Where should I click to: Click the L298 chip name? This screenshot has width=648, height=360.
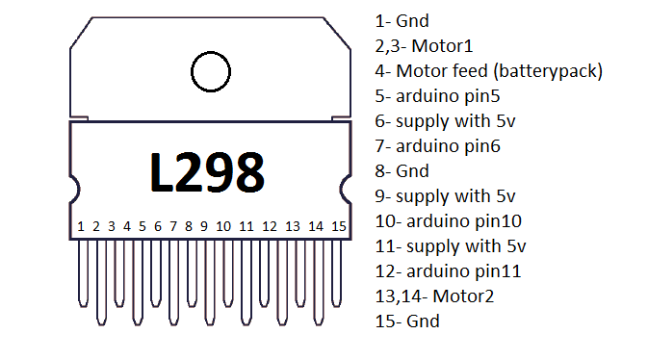point(207,172)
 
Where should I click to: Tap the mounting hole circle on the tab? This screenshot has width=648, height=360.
point(211,71)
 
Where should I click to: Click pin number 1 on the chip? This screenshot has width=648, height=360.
point(82,226)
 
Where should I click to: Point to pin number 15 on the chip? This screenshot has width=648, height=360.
point(338,226)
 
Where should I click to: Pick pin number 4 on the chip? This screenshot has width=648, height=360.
point(127,226)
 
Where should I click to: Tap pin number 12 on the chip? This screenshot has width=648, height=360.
point(270,226)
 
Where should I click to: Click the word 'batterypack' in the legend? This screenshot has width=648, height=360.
point(549,70)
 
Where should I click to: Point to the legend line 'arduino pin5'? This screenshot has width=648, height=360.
point(438,95)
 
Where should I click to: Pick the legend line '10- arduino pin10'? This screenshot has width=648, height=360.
point(447,220)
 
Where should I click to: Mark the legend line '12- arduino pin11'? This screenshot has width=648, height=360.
point(447,270)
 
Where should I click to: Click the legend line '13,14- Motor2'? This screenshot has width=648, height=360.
point(434,296)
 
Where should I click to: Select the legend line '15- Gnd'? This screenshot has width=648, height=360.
point(406,321)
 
